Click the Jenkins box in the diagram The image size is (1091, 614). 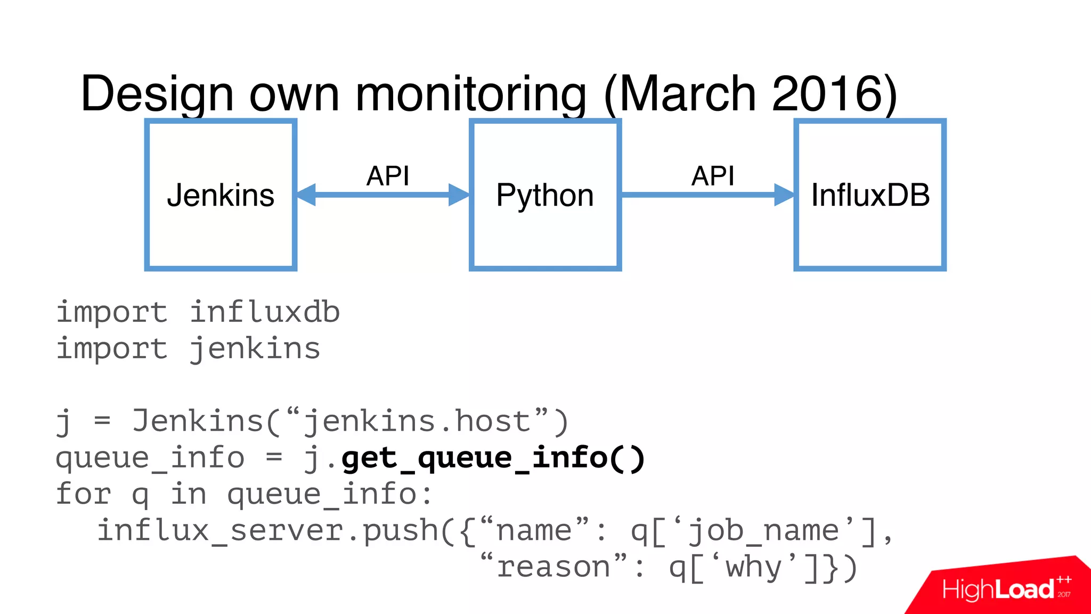221,195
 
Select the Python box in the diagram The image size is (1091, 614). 545,195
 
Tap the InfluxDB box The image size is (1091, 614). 870,195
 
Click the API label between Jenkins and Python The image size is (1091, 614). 388,176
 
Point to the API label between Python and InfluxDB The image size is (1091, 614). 713,176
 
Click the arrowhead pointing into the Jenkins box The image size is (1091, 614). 306,195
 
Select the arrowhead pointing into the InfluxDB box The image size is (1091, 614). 784,195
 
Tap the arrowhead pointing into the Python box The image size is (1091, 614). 459,195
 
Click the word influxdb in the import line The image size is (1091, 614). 265,312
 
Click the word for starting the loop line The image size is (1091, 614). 83,494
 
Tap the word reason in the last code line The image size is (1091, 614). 553,567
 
